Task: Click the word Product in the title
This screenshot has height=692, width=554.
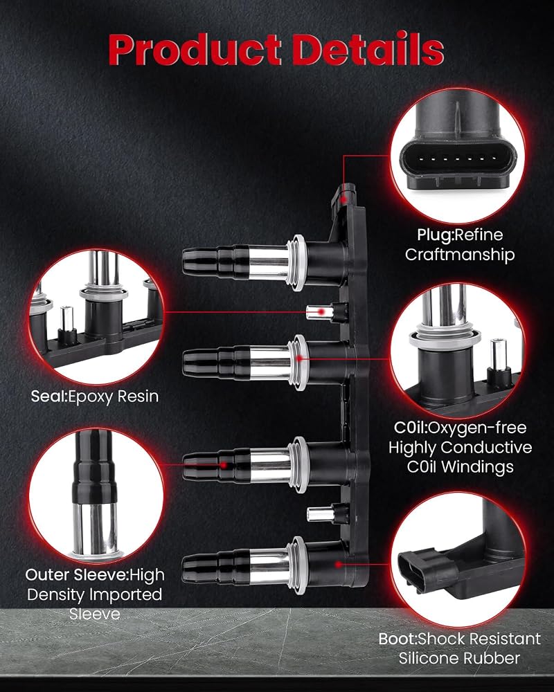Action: coord(195,49)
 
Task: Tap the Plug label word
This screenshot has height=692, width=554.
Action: coord(435,235)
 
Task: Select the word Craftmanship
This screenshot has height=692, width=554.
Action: coord(460,255)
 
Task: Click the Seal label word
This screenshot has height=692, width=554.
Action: coord(48,396)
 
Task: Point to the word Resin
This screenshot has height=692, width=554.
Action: coord(137,397)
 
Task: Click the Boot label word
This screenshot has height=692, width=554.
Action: coord(397,639)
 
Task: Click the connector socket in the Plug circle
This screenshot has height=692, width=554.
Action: coord(458,159)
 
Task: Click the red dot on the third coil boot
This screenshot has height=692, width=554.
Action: coord(224,465)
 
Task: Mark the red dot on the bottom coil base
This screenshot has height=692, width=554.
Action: coord(338,564)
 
